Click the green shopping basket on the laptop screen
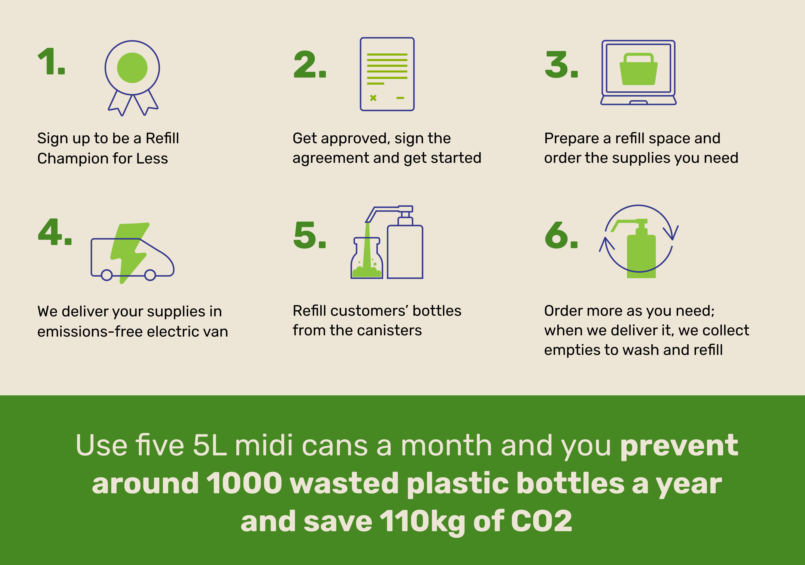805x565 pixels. tap(638, 69)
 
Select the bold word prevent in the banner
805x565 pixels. tap(679, 446)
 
